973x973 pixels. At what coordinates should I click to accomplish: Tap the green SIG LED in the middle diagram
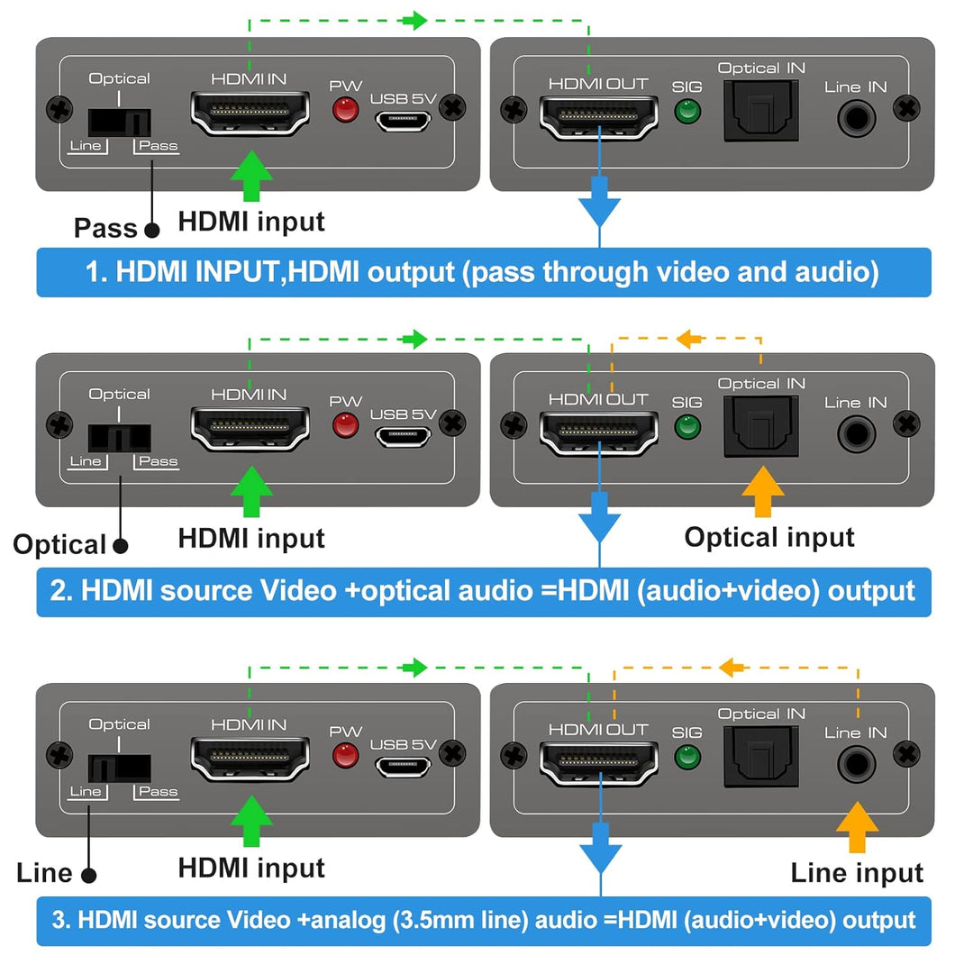click(687, 426)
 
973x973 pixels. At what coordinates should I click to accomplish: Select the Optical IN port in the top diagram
click(761, 111)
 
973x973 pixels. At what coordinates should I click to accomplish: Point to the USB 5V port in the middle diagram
click(403, 436)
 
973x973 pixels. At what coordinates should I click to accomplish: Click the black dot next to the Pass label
click(152, 230)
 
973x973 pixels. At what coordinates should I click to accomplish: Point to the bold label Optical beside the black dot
click(59, 545)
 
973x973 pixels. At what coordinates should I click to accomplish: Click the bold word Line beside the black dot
click(44, 872)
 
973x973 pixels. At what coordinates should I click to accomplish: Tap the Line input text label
click(857, 872)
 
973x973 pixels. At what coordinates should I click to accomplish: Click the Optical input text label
click(769, 537)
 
